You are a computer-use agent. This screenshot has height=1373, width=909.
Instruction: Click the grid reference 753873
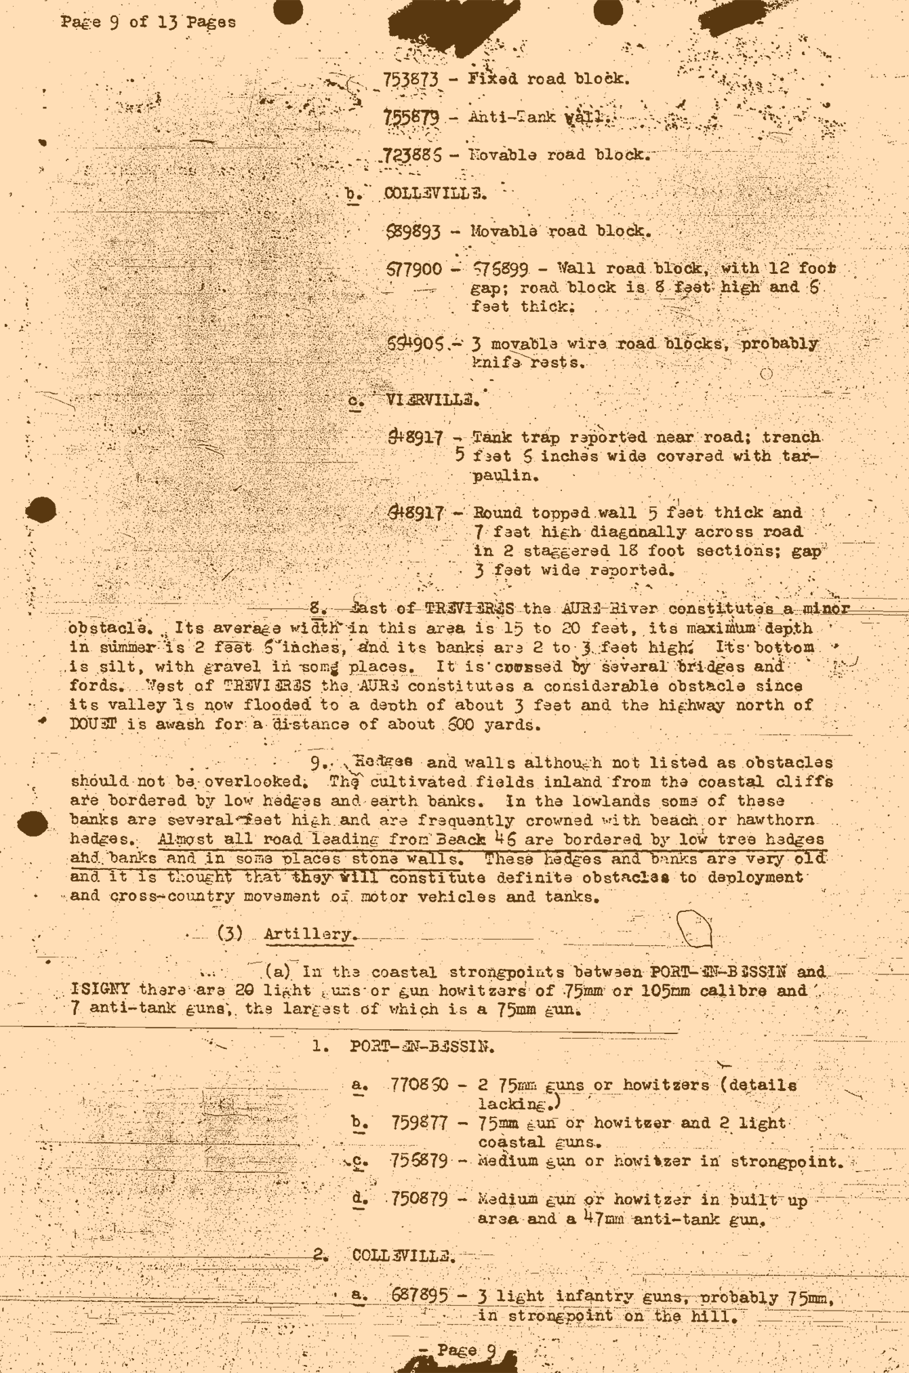point(411,79)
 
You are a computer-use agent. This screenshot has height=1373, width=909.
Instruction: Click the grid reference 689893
point(413,231)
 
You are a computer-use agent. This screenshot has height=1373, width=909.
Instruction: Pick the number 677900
point(413,269)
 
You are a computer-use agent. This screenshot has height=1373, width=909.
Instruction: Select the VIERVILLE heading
point(432,400)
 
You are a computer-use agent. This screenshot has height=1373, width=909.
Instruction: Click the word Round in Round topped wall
point(497,513)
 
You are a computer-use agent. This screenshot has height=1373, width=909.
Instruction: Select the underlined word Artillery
point(308,934)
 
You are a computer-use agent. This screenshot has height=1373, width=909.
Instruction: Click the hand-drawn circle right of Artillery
point(694,928)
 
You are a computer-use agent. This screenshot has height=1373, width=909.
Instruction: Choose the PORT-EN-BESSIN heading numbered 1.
point(422,1046)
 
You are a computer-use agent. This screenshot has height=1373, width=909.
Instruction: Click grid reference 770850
point(419,1084)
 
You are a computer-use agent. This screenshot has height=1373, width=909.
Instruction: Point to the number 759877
point(419,1123)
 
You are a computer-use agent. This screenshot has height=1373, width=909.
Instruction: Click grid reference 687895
point(420,1296)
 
